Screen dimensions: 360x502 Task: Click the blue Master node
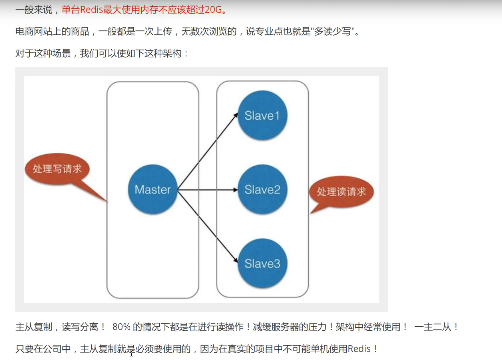[153, 190]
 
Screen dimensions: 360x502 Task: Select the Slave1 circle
[262, 116]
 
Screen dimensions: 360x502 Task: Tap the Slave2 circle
[262, 190]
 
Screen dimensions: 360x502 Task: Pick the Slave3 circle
[262, 264]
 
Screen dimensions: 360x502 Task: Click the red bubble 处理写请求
[57, 169]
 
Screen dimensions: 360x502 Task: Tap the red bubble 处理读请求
[341, 192]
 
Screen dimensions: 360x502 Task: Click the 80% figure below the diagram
[122, 327]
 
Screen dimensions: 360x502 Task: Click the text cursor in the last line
[131, 353]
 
